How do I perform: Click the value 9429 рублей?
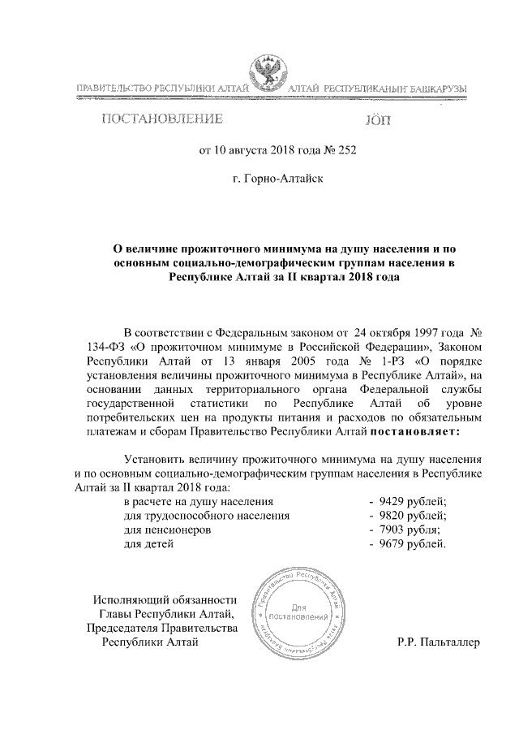click(x=412, y=501)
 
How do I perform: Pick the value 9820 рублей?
click(x=412, y=515)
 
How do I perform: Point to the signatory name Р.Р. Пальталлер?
click(x=439, y=642)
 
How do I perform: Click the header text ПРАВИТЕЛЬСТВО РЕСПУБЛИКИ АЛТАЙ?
click(x=158, y=86)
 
